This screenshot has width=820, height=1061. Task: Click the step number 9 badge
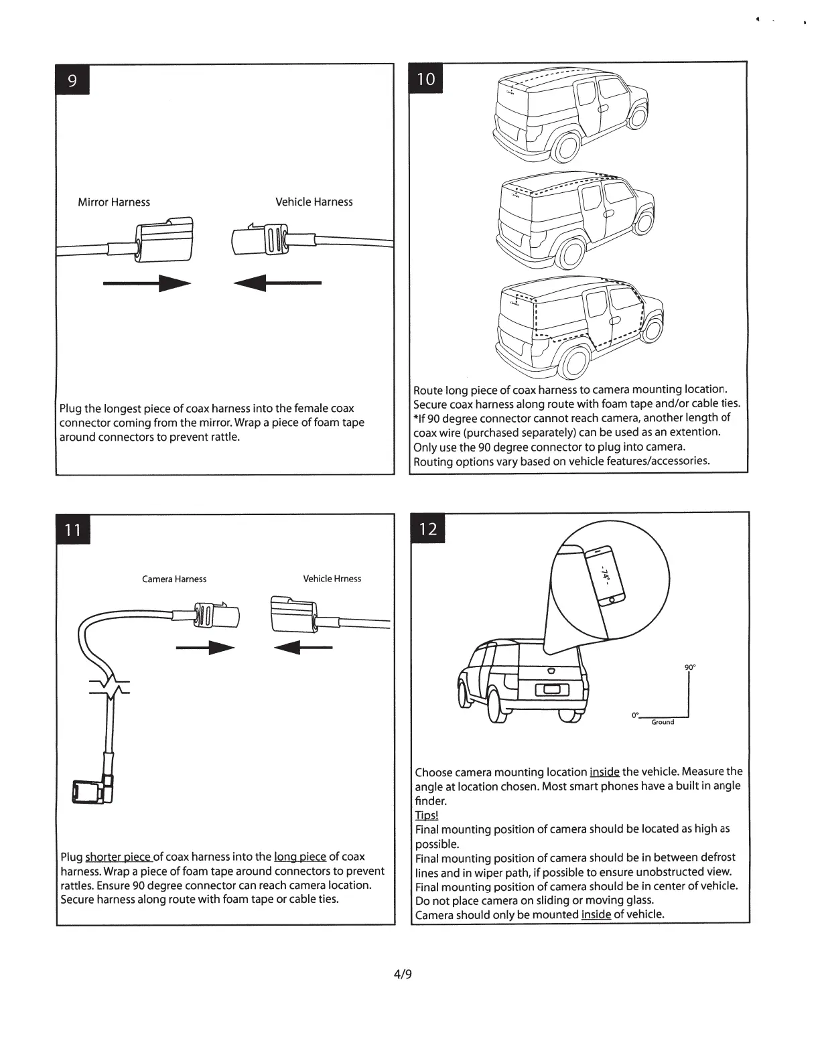pyautogui.click(x=72, y=81)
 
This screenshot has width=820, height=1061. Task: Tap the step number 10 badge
pyautogui.click(x=426, y=79)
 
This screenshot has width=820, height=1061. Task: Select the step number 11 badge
pyautogui.click(x=72, y=530)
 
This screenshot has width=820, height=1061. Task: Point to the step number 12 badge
pyautogui.click(x=428, y=529)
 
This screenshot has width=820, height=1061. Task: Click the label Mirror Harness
pyautogui.click(x=114, y=202)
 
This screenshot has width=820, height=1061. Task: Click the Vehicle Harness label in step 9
pyautogui.click(x=314, y=202)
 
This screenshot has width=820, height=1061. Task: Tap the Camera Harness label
pyautogui.click(x=174, y=579)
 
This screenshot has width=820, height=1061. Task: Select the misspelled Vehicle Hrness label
pyautogui.click(x=332, y=579)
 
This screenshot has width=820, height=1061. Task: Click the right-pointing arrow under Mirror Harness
pyautogui.click(x=147, y=283)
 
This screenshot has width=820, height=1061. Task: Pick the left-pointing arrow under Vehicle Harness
pyautogui.click(x=277, y=283)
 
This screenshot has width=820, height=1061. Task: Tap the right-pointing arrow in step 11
pyautogui.click(x=205, y=648)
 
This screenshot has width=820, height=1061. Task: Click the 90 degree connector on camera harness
pyautogui.click(x=93, y=790)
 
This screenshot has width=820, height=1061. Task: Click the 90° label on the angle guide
pyautogui.click(x=689, y=667)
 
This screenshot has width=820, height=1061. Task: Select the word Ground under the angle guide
pyautogui.click(x=663, y=722)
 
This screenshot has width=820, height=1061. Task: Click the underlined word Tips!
pyautogui.click(x=426, y=815)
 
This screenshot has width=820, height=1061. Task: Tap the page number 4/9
pyautogui.click(x=403, y=974)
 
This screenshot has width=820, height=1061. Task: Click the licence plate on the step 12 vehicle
pyautogui.click(x=552, y=691)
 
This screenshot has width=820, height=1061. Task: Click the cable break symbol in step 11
pyautogui.click(x=109, y=688)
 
